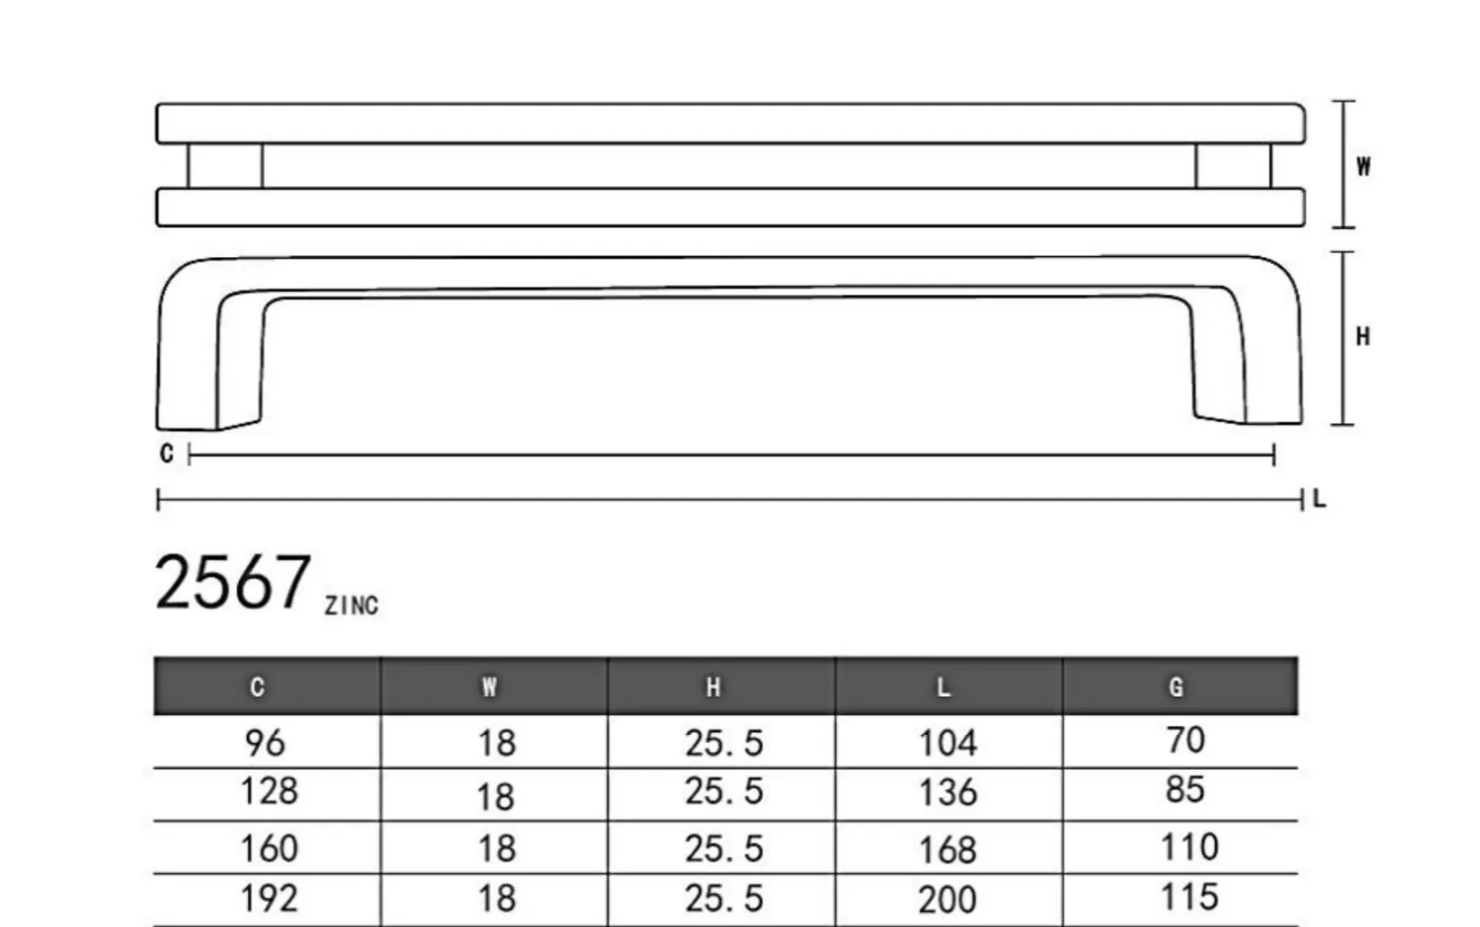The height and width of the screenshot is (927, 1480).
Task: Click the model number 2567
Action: click(233, 583)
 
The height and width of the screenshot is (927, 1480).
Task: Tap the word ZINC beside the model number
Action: click(352, 606)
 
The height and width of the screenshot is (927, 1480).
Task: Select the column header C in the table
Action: click(258, 687)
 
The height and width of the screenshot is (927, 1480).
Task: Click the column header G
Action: click(1176, 687)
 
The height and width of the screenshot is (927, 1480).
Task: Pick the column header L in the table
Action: click(943, 688)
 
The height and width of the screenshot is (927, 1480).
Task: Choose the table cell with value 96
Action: click(265, 743)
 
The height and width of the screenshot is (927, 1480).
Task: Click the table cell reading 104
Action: click(948, 743)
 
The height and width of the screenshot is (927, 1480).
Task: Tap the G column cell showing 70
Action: click(1185, 740)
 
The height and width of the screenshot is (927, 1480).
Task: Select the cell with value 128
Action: click(269, 791)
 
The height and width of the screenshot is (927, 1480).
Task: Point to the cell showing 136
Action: click(948, 793)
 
